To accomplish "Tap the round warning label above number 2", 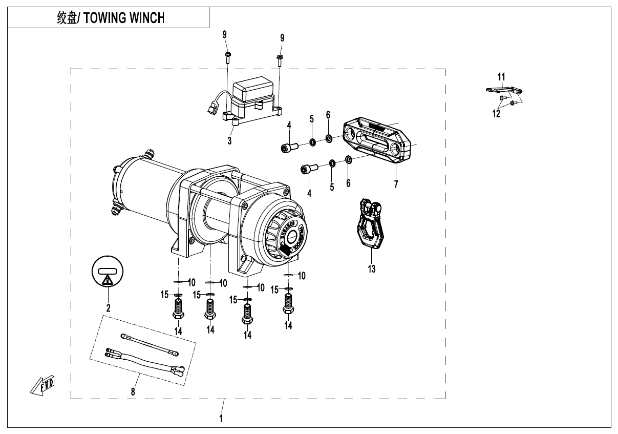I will click(x=108, y=272).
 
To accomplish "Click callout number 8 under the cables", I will click(x=133, y=392).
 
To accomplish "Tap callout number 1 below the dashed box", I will click(x=221, y=418).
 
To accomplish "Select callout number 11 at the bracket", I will click(x=502, y=77).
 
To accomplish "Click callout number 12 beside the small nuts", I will click(x=497, y=113).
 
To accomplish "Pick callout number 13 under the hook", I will click(x=371, y=268).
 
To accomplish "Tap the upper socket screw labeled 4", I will click(x=288, y=148).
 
